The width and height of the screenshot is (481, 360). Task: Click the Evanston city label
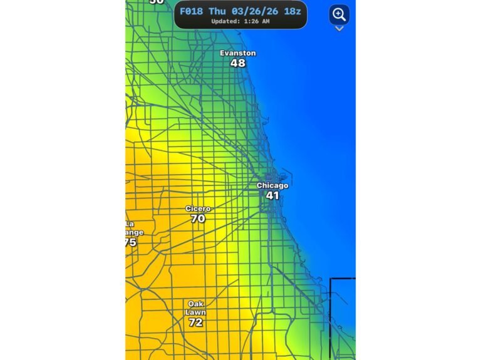(x=237, y=53)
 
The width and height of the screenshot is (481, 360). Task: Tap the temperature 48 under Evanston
(x=237, y=63)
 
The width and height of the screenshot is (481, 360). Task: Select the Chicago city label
(x=272, y=186)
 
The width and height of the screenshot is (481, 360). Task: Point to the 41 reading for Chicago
(x=272, y=196)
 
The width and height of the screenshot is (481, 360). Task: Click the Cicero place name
(x=198, y=208)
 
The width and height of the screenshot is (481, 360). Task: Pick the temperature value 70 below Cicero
(x=198, y=219)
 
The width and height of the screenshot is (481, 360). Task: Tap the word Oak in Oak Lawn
(x=195, y=304)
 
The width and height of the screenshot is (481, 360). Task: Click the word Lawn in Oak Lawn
(x=195, y=312)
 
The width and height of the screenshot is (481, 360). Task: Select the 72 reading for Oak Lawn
(x=195, y=322)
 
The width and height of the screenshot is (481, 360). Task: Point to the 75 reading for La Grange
(x=130, y=242)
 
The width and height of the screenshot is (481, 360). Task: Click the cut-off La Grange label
(x=132, y=228)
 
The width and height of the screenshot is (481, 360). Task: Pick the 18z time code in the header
(x=292, y=11)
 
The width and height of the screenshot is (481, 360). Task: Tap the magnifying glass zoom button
(x=339, y=14)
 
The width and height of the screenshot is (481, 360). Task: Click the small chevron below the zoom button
(x=339, y=29)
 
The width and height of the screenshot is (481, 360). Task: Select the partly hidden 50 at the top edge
(x=156, y=2)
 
